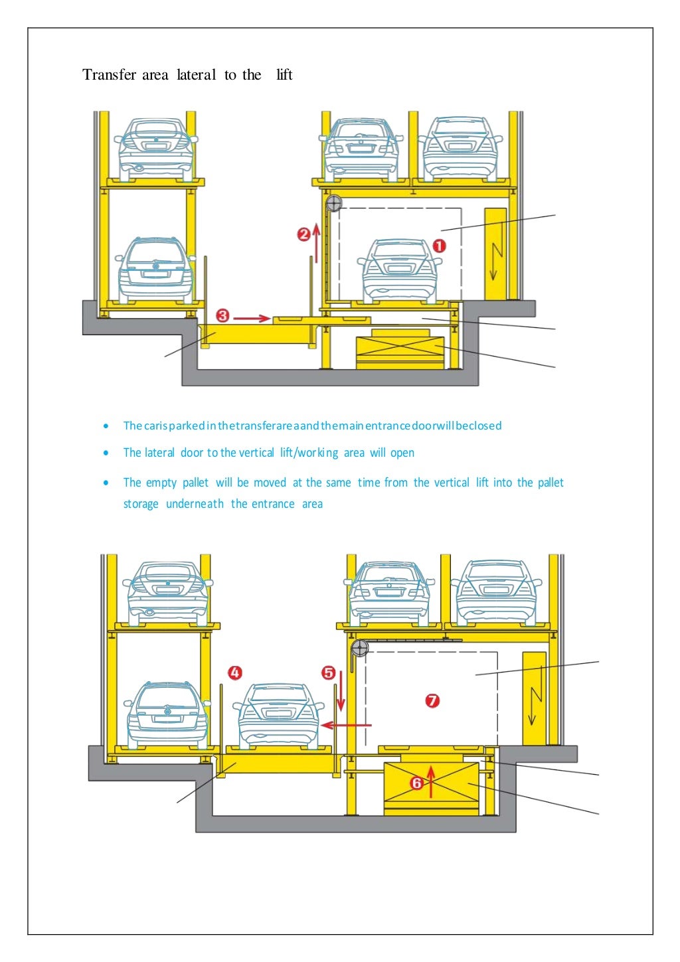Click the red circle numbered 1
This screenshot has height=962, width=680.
[x=439, y=246]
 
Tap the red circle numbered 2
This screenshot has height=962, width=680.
[x=303, y=234]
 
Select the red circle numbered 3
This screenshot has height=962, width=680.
[x=222, y=316]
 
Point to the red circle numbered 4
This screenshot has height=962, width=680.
[x=234, y=673]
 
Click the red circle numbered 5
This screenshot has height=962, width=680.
[x=329, y=673]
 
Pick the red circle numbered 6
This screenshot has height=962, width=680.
[x=416, y=783]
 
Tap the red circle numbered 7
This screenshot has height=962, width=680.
[x=432, y=700]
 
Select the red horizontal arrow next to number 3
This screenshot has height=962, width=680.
[x=252, y=318]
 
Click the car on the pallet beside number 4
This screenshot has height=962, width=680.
[x=278, y=714]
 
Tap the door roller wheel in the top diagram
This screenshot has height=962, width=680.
[x=334, y=203]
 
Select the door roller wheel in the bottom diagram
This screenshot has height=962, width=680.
[x=359, y=648]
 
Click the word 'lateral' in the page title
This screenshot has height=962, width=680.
[x=196, y=74]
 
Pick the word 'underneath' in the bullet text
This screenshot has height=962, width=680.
[x=195, y=504]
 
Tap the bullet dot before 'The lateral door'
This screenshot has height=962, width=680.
[x=106, y=453]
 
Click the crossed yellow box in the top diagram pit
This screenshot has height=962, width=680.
[x=400, y=353]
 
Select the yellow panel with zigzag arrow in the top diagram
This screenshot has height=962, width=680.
[x=495, y=254]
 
